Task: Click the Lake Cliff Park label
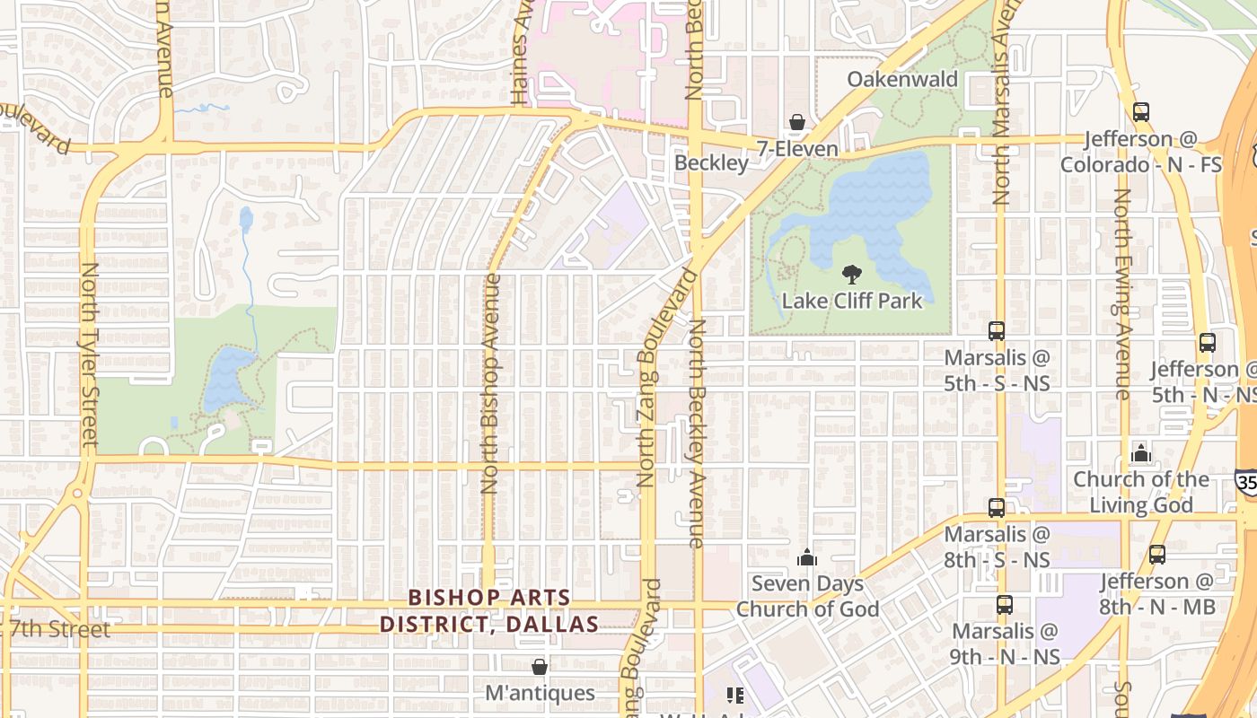click(x=851, y=301)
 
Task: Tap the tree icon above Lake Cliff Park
click(x=851, y=275)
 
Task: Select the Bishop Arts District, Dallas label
click(x=489, y=610)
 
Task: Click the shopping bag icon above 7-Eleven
click(x=796, y=122)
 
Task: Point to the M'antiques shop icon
click(x=540, y=667)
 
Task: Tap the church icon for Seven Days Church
click(x=807, y=557)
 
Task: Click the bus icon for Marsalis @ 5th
click(x=997, y=330)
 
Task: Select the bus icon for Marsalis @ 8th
click(x=997, y=507)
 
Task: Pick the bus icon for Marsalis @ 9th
click(x=1005, y=605)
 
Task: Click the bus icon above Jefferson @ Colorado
click(x=1140, y=112)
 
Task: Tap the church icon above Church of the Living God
click(x=1141, y=452)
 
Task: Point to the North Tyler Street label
click(x=89, y=355)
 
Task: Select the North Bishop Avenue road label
click(x=489, y=384)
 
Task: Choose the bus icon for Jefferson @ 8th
click(x=1157, y=555)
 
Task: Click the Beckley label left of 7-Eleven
click(x=711, y=162)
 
